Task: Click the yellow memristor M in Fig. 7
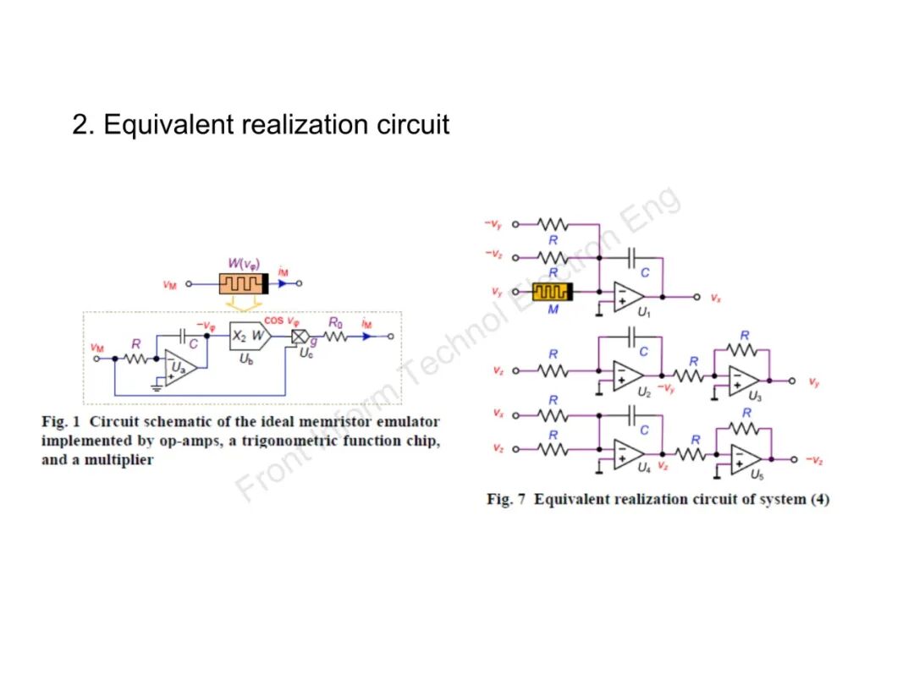pyautogui.click(x=553, y=292)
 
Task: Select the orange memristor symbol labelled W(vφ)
pyautogui.click(x=243, y=284)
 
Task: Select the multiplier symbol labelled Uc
pyautogui.click(x=300, y=337)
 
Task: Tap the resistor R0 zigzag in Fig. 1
pyautogui.click(x=335, y=337)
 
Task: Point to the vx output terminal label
pyautogui.click(x=716, y=298)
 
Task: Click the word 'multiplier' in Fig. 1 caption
pyautogui.click(x=118, y=460)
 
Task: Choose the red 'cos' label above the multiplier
pyautogui.click(x=273, y=321)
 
